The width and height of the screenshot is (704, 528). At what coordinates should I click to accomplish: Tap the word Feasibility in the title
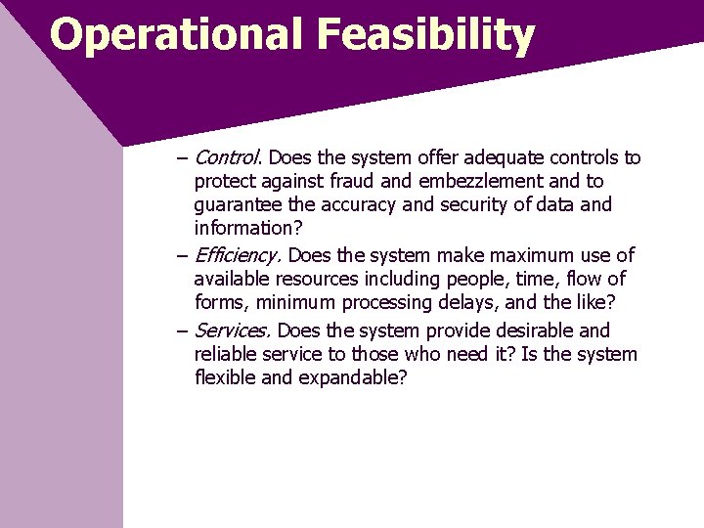click(425, 34)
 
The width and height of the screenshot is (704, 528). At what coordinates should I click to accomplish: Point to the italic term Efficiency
click(239, 255)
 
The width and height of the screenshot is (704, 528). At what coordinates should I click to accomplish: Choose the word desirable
click(530, 330)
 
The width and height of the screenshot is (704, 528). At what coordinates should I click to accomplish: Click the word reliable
click(226, 354)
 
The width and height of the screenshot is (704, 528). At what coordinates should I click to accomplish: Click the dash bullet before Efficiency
click(183, 256)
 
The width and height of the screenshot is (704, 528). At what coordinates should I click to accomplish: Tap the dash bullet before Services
click(183, 331)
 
